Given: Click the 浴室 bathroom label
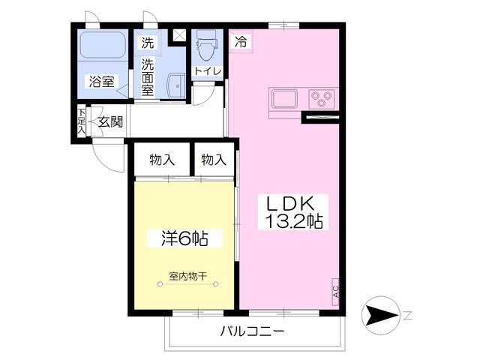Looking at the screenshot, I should tap(102, 82).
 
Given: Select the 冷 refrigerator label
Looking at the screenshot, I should tap(241, 42).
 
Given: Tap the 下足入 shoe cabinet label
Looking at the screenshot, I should tap(81, 122).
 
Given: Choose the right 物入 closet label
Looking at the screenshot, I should tap(214, 159).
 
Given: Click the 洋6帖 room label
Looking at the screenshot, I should tap(183, 238).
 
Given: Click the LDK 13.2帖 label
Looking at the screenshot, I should tap(293, 211).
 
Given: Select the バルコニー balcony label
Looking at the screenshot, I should tap(252, 331).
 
